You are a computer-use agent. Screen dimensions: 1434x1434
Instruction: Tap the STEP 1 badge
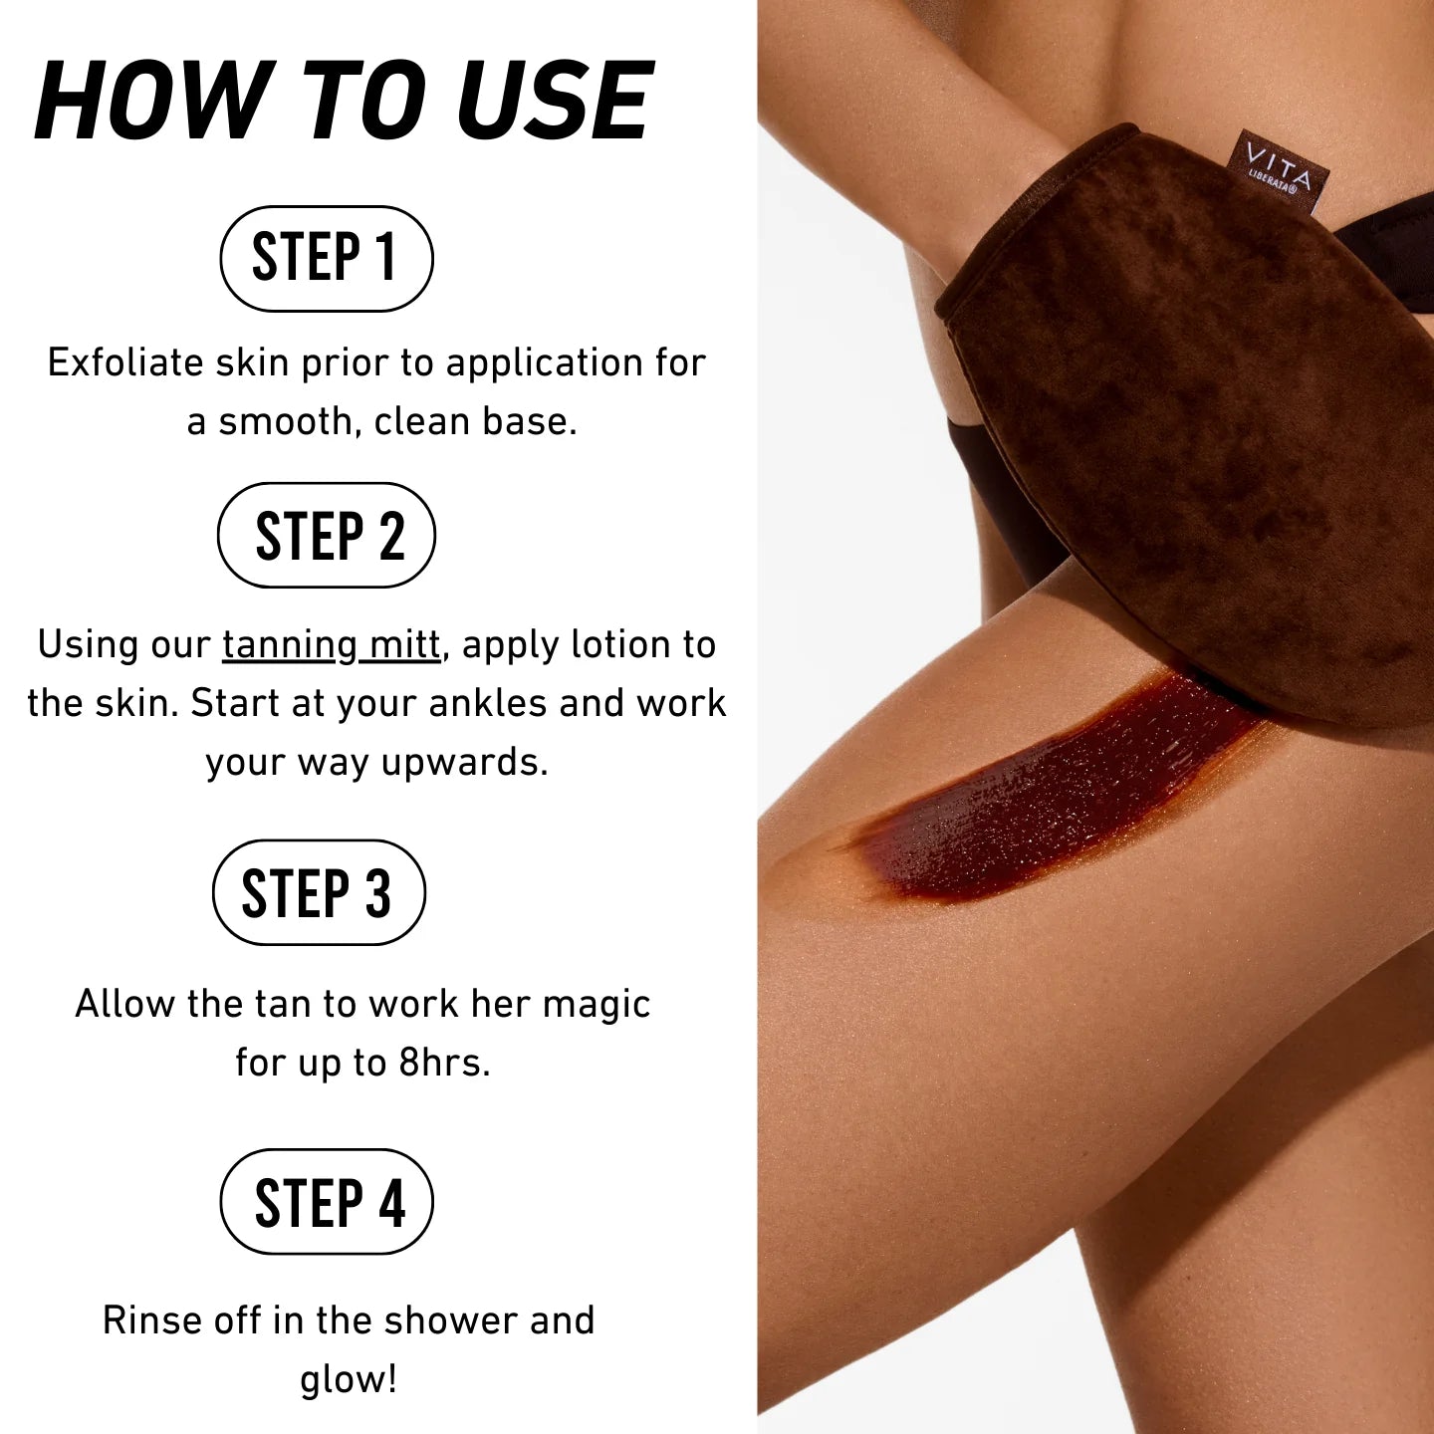[326, 258]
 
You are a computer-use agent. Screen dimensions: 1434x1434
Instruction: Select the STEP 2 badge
[327, 536]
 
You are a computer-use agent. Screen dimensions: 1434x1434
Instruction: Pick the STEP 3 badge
[319, 892]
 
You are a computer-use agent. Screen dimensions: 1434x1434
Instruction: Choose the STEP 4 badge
[327, 1201]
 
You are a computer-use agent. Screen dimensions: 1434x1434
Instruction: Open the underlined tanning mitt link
[331, 645]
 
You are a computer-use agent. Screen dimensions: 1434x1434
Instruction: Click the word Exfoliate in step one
[125, 362]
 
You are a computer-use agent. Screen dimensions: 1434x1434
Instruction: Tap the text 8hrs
[444, 1063]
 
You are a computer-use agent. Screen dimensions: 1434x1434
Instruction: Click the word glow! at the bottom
[349, 1379]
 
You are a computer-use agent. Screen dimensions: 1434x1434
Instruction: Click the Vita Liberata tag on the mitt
[1279, 169]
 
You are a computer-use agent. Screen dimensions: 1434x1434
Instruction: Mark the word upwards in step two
[464, 763]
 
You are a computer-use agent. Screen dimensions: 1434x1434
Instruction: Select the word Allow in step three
[124, 1004]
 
